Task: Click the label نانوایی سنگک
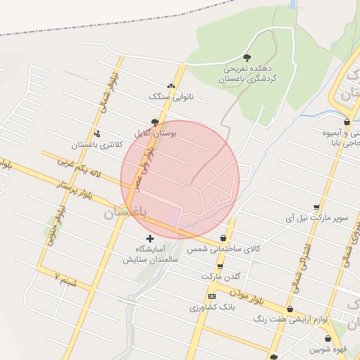[172, 96]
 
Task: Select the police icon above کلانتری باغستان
[96, 134]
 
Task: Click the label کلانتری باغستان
[92, 146]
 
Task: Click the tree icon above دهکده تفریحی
[246, 58]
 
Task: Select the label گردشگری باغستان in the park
[248, 81]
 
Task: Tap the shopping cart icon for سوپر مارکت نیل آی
[316, 207]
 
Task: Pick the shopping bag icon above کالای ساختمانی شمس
[224, 238]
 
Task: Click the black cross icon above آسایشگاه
[150, 238]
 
